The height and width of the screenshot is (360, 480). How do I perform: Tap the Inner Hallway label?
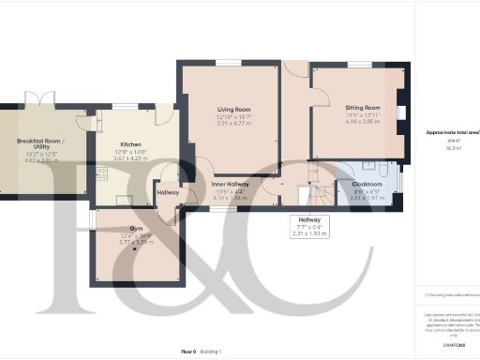(x=229, y=184)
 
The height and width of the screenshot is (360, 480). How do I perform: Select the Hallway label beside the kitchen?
(x=169, y=192)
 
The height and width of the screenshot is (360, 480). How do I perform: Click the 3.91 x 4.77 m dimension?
(x=229, y=123)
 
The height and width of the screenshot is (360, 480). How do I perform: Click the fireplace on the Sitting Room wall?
(x=400, y=112)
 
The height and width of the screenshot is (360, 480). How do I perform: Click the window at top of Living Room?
(x=229, y=63)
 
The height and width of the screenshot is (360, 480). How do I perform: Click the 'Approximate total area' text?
(x=453, y=132)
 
